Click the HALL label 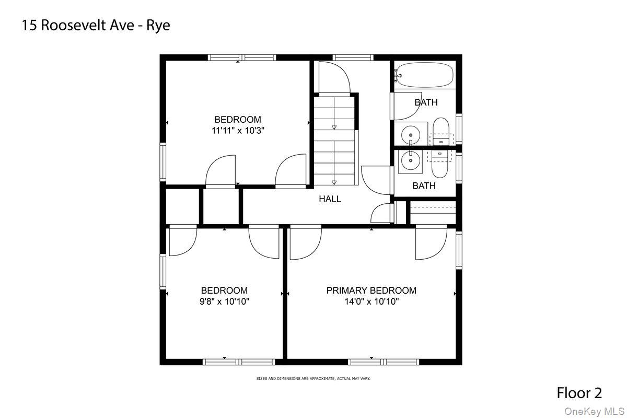(330, 199)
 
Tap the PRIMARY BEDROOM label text (371, 291)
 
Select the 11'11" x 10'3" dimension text (238, 131)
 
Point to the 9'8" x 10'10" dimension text (225, 301)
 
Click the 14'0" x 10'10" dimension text (371, 301)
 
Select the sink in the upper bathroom (411, 135)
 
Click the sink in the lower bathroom (411, 161)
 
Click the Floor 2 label (579, 392)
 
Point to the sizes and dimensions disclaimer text (313, 378)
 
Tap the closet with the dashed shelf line (433, 213)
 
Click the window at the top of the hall (353, 57)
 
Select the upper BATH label (426, 102)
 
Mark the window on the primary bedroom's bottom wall (384, 362)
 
